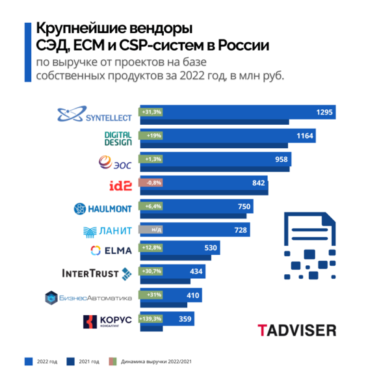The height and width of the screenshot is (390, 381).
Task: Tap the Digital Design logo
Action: click(x=118, y=138)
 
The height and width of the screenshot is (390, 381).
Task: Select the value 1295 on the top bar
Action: click(x=324, y=112)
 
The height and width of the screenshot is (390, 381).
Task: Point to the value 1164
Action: click(x=305, y=136)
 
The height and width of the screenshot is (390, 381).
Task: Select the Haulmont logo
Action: click(x=103, y=209)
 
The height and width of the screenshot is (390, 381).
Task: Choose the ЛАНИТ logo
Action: click(x=107, y=231)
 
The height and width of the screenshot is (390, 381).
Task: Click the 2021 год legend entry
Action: click(x=84, y=361)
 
